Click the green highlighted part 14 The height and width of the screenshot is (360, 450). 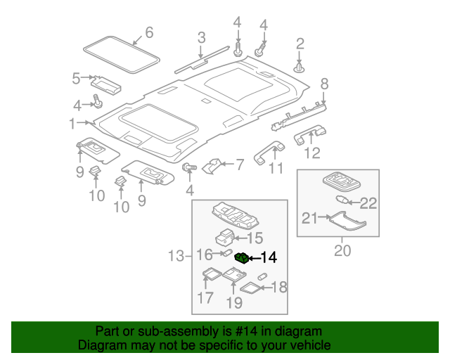coord(241,258)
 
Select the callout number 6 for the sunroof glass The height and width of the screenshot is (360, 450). coord(148,32)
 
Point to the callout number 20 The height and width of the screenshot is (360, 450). coord(342,250)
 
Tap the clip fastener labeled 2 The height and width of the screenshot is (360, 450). coord(300,68)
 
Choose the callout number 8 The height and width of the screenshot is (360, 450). coord(324,85)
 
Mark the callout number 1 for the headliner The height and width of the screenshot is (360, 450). coord(72,124)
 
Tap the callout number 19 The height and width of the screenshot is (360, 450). coord(234,303)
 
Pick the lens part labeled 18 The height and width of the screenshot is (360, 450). coord(250,287)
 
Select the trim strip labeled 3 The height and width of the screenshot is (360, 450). coord(202,59)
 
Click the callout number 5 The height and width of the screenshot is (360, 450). coord(76,79)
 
